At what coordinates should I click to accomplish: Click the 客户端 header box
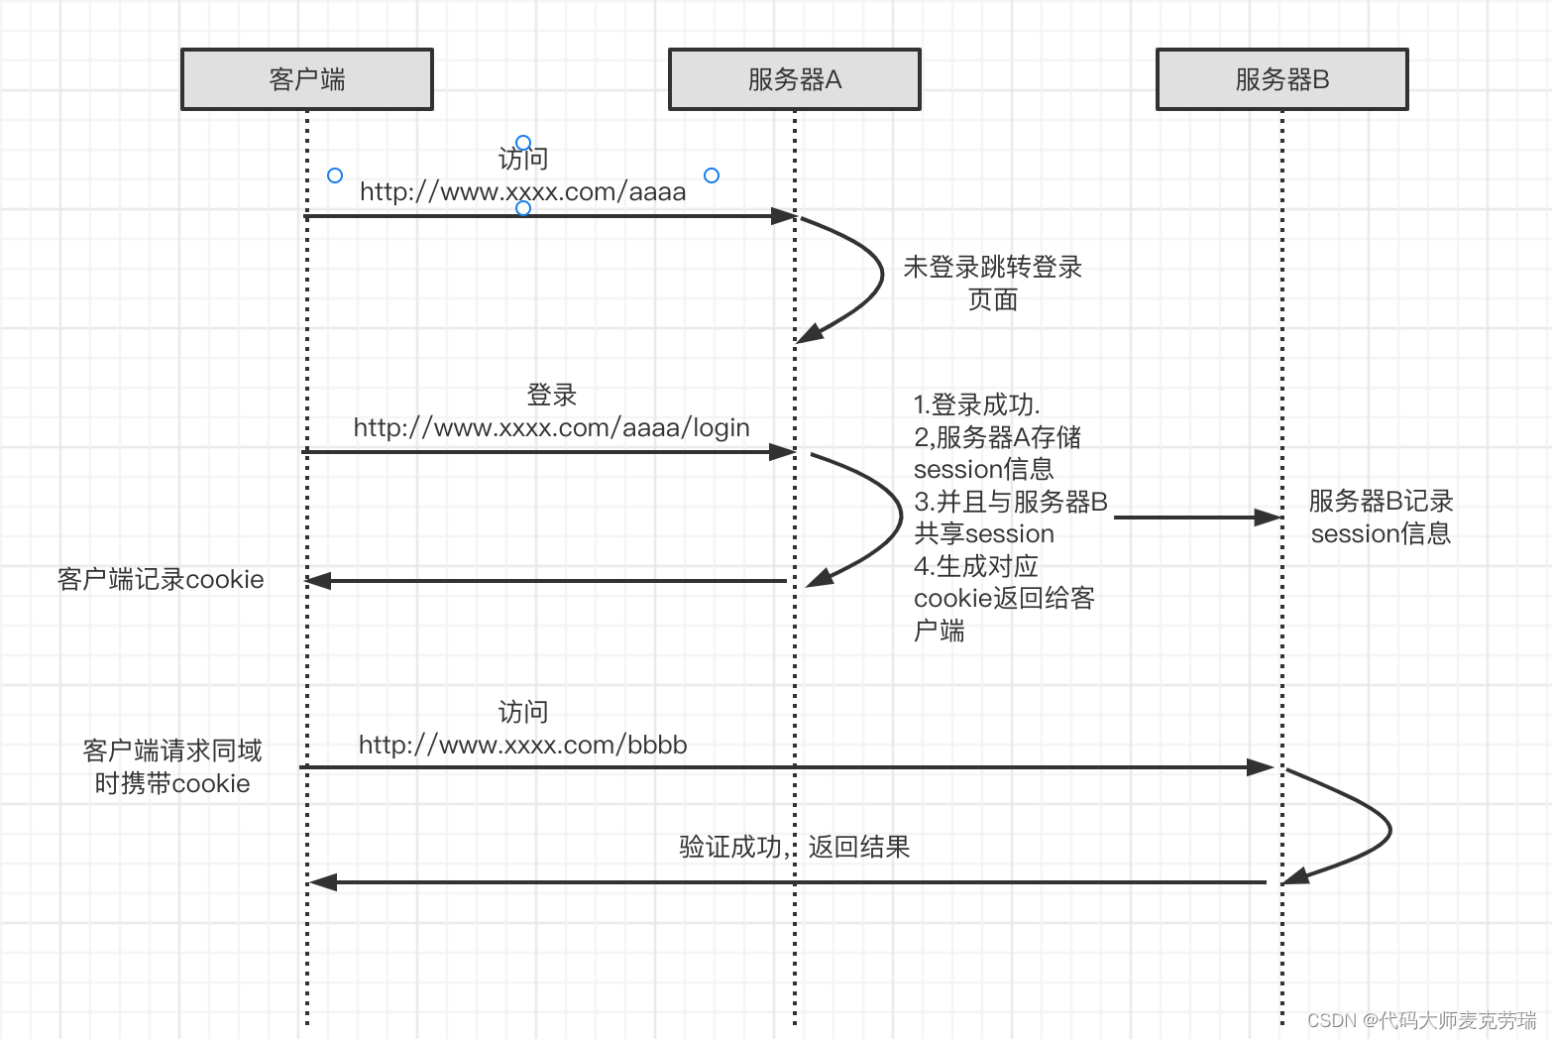tap(307, 79)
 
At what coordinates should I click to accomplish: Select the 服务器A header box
tap(794, 79)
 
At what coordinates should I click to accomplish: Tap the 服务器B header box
tap(1281, 79)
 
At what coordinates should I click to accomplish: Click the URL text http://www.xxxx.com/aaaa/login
tap(551, 427)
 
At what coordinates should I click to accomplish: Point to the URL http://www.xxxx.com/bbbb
tap(522, 745)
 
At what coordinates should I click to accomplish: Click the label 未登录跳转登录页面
tap(992, 283)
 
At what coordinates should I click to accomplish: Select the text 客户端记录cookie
tap(161, 580)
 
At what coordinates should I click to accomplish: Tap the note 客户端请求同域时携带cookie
tap(172, 766)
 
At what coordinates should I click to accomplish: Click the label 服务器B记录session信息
tap(1381, 517)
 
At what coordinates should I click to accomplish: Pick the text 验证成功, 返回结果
tap(794, 847)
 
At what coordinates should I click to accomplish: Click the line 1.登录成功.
tap(976, 404)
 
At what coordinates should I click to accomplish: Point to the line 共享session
tap(983, 533)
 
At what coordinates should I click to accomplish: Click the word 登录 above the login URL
tap(551, 395)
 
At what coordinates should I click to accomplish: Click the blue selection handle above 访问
tap(523, 143)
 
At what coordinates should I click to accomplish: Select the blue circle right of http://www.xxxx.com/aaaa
tap(712, 175)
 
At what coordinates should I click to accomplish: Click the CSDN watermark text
tap(1421, 1020)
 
